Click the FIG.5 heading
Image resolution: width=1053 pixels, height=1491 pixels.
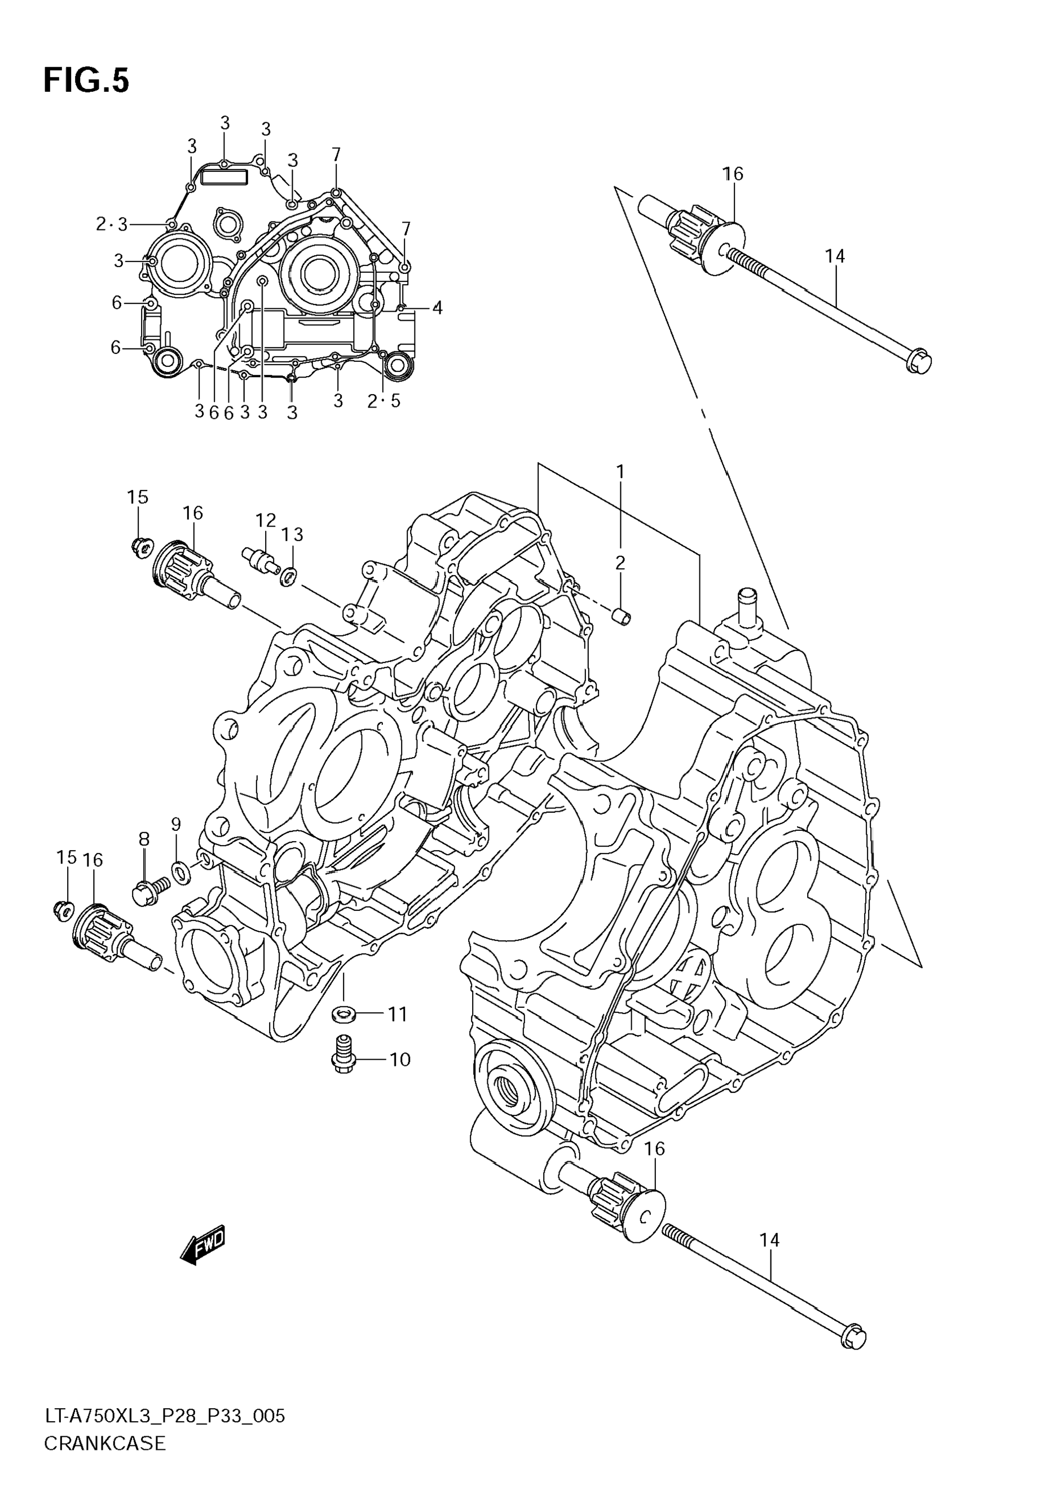pos(86,82)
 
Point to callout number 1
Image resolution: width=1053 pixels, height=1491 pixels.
pos(620,471)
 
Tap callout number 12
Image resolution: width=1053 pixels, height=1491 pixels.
pos(265,520)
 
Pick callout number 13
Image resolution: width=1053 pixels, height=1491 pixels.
pos(292,534)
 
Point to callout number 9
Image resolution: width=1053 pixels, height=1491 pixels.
pos(176,824)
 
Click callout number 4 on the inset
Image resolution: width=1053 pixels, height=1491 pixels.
pos(437,308)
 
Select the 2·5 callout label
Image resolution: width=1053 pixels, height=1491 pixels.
pos(384,401)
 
